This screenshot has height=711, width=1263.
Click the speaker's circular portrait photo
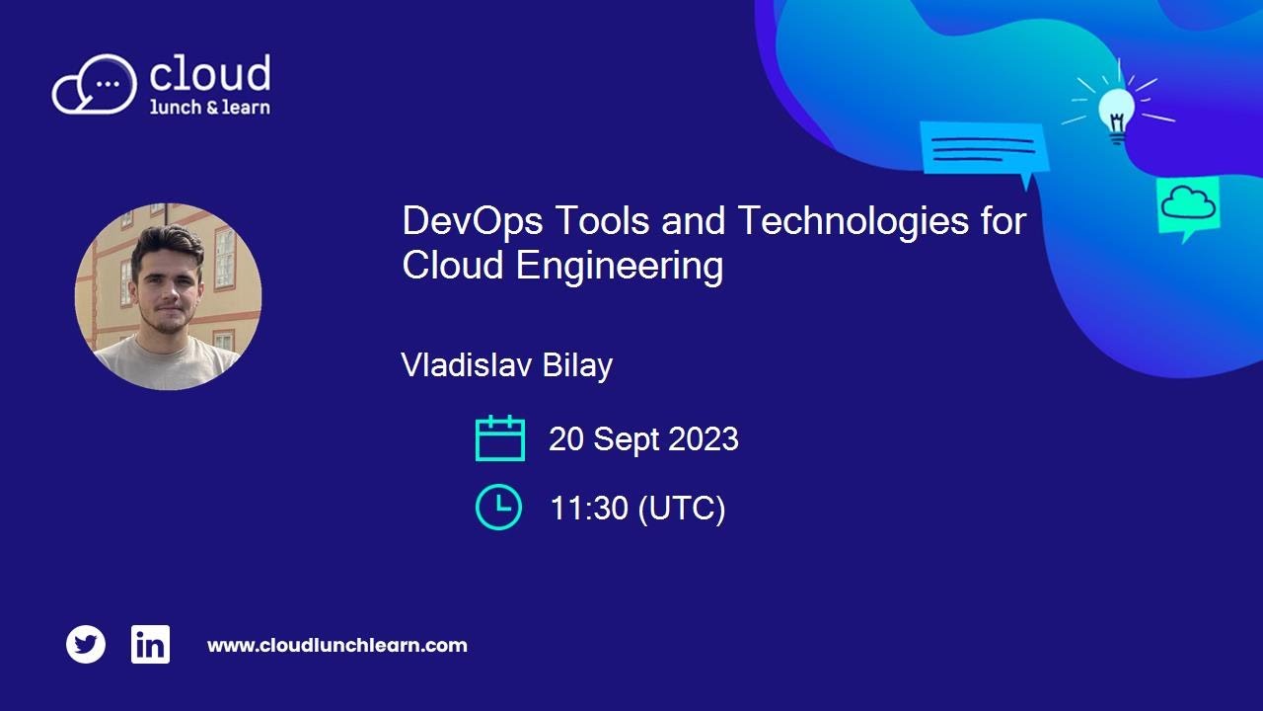click(169, 296)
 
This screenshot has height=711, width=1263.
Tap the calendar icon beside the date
click(499, 438)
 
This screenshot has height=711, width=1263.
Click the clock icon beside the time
click(498, 507)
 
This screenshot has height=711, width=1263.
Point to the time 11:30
click(589, 509)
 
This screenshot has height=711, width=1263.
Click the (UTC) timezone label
click(682, 509)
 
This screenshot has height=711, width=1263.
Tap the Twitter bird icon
click(86, 645)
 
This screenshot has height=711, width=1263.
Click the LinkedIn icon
click(150, 645)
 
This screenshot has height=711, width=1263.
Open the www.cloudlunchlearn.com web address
click(336, 646)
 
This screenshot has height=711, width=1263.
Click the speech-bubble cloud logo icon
click(94, 85)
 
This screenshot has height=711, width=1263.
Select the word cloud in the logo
click(209, 74)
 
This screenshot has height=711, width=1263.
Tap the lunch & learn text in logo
click(209, 107)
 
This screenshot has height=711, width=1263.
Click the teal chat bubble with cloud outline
click(1187, 205)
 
